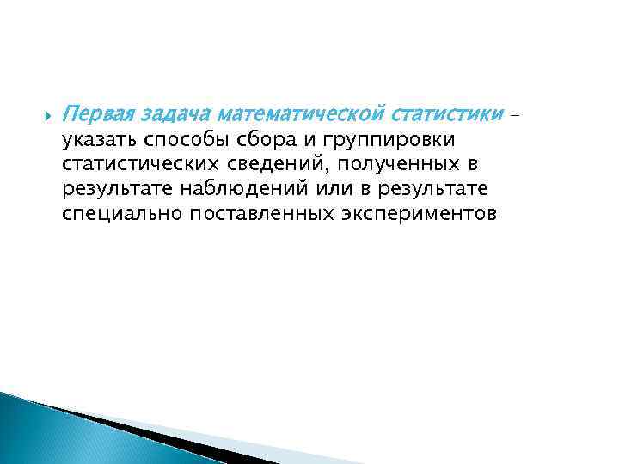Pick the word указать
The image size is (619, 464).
click(99, 140)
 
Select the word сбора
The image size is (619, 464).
click(261, 140)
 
